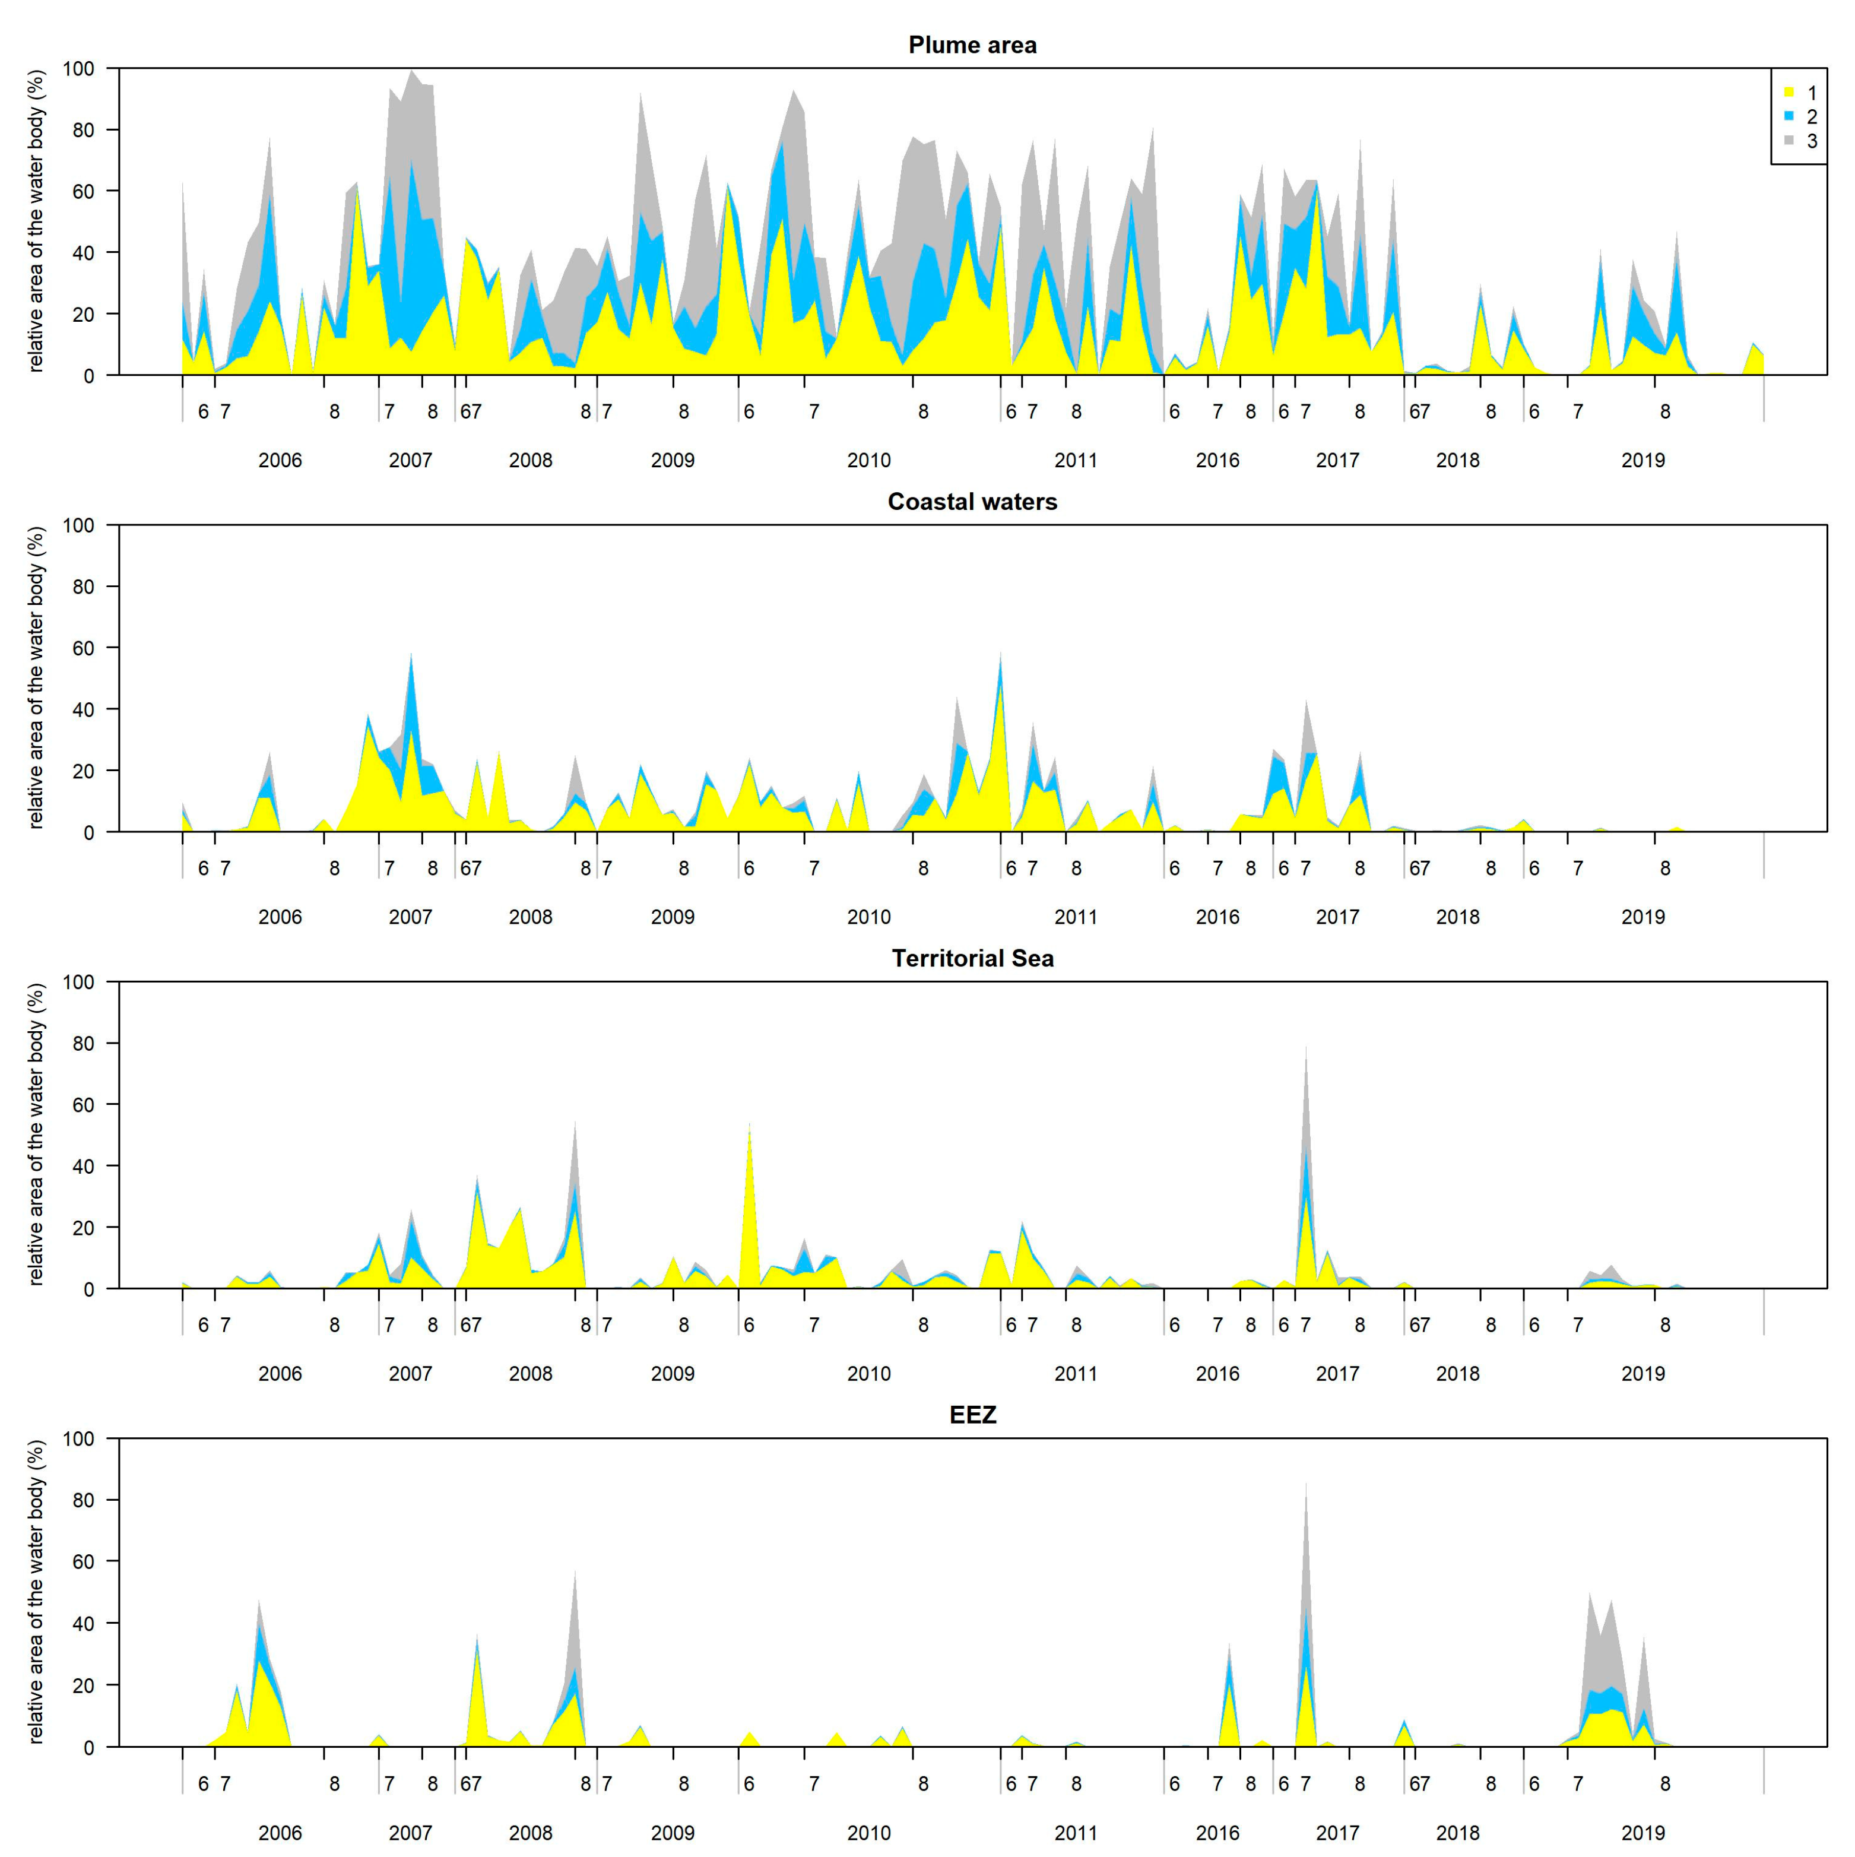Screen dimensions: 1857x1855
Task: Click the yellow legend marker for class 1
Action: (1789, 92)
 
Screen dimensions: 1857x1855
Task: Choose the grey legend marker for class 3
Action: (1789, 140)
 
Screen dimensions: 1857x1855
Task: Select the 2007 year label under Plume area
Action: (410, 461)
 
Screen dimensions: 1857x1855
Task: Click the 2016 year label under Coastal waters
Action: (1217, 917)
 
